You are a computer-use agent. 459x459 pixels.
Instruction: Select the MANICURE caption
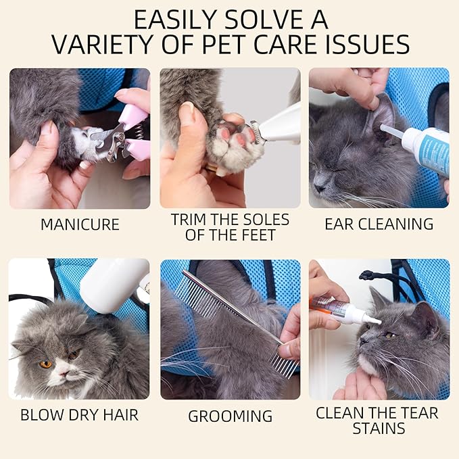tap(80, 224)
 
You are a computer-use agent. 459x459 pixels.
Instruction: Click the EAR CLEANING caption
tap(379, 224)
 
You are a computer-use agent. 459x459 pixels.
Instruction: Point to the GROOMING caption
tap(230, 416)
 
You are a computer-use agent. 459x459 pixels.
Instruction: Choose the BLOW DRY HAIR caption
tap(79, 415)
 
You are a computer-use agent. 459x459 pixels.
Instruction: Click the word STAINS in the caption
tap(379, 429)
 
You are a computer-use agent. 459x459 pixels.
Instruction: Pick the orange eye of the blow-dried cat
tap(46, 364)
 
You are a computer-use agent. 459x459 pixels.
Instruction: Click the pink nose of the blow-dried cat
tap(64, 373)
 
